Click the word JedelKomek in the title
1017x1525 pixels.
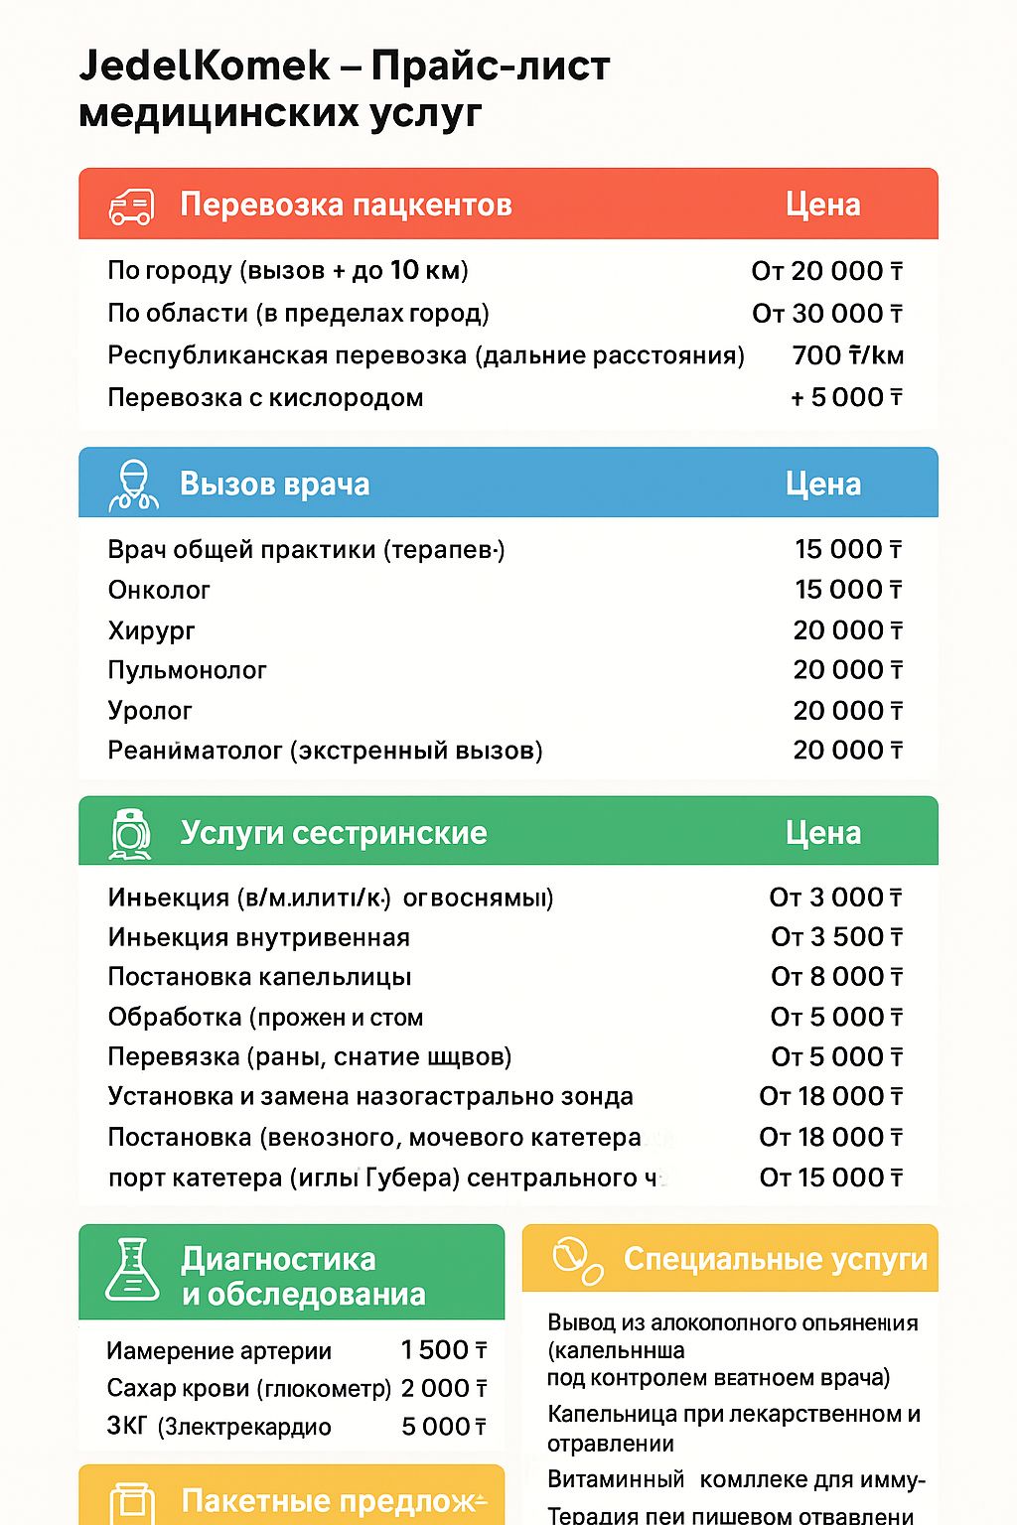(204, 67)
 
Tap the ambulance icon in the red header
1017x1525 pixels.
(131, 206)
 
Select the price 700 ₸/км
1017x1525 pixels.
(847, 355)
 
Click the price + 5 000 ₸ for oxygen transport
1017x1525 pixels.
(846, 397)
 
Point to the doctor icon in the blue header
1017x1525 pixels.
(133, 485)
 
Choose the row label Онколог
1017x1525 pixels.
(159, 590)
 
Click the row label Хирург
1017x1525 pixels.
(151, 630)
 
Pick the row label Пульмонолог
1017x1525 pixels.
(187, 670)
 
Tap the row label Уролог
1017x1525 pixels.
(150, 711)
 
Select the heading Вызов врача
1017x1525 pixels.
(274, 485)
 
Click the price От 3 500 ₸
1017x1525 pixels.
(836, 937)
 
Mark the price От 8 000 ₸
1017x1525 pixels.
(836, 977)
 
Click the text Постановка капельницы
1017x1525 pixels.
(259, 977)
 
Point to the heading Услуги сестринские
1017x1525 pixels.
(334, 833)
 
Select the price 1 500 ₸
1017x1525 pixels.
(443, 1350)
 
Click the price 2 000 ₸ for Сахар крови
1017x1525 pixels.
(443, 1388)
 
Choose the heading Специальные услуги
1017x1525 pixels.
(775, 1259)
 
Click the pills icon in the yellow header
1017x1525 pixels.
(577, 1260)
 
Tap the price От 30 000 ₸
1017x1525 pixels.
(826, 314)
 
